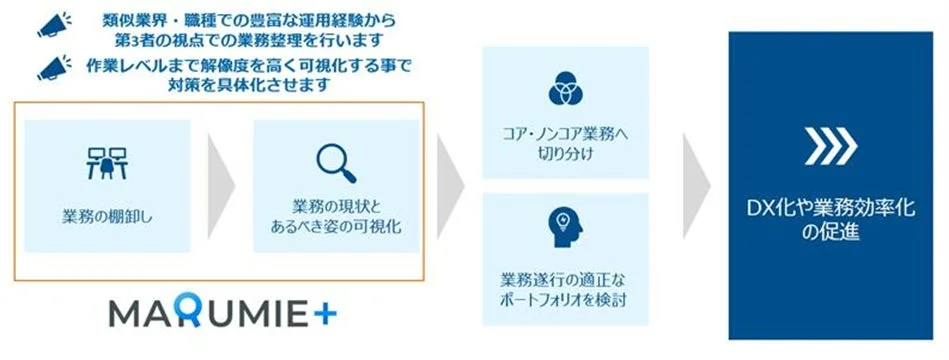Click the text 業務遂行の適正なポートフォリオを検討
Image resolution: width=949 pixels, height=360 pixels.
557,285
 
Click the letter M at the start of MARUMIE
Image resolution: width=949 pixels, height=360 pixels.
123,313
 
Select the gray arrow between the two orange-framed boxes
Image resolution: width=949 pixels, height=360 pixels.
219,184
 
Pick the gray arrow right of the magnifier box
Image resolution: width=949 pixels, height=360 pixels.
452,184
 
